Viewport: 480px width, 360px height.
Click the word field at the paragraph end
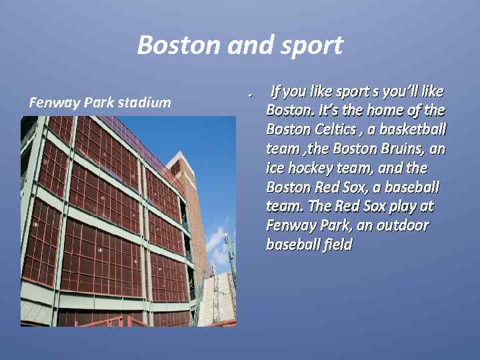point(337,245)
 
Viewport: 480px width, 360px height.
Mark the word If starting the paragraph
point(275,91)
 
